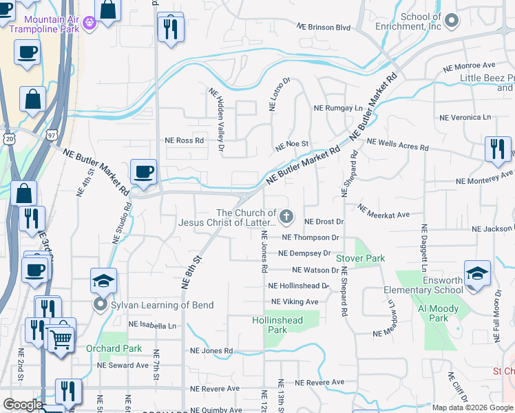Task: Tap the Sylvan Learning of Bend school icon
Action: point(103,281)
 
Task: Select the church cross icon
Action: point(286,218)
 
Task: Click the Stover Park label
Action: point(360,258)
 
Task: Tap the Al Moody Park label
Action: point(433,313)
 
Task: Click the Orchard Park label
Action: point(114,348)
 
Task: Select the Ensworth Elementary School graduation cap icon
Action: point(477,273)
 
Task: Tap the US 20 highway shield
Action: point(8,139)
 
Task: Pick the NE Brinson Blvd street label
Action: point(324,28)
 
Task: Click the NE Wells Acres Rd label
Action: point(397,145)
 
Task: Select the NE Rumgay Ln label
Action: point(337,109)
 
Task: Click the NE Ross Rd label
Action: point(185,140)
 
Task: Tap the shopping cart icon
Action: point(61,338)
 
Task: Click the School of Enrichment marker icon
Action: point(452,21)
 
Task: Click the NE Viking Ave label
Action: point(295,301)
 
